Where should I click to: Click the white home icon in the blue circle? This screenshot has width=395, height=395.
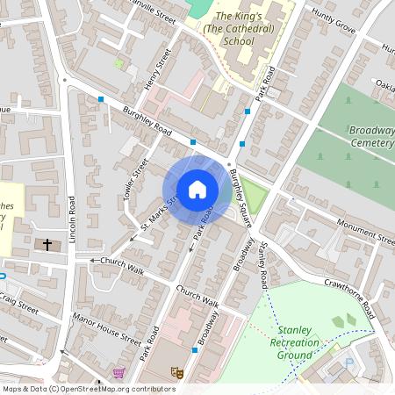click(x=197, y=190)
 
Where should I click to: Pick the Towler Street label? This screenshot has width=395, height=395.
click(x=135, y=176)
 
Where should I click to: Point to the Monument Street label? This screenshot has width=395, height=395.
click(x=362, y=232)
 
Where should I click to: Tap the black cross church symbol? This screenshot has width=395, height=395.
click(x=47, y=243)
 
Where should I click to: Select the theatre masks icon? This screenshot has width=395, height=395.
click(x=176, y=373)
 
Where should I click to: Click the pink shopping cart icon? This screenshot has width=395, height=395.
click(x=118, y=373)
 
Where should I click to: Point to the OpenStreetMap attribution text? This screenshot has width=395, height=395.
click(x=89, y=388)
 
